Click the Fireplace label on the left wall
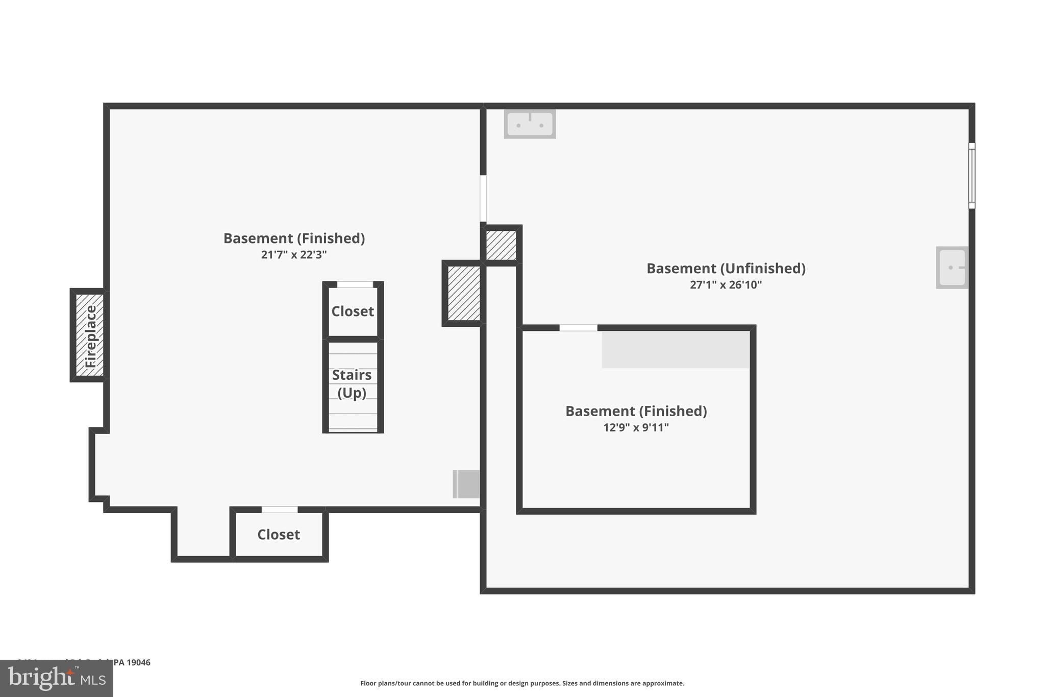pyautogui.click(x=90, y=335)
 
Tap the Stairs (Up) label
pyautogui.click(x=352, y=383)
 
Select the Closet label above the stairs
pyautogui.click(x=353, y=311)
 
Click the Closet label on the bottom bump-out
pyautogui.click(x=279, y=534)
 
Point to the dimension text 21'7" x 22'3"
pyautogui.click(x=294, y=254)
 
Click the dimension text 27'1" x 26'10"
pyautogui.click(x=726, y=284)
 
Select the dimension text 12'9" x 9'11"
pyautogui.click(x=636, y=427)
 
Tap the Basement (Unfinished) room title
pyautogui.click(x=726, y=268)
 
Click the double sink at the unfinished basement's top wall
pyautogui.click(x=530, y=124)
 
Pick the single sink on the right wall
pyautogui.click(x=952, y=268)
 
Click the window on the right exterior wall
pyautogui.click(x=972, y=176)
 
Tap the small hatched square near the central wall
pyautogui.click(x=501, y=246)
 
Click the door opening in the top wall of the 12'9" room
pyautogui.click(x=578, y=328)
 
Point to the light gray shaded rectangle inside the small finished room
pyautogui.click(x=676, y=350)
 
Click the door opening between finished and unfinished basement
pyautogui.click(x=483, y=199)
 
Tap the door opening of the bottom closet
pyautogui.click(x=280, y=510)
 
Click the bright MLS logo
pyautogui.click(x=57, y=679)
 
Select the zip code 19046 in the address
pyautogui.click(x=138, y=662)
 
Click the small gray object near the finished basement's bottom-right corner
pyautogui.click(x=466, y=484)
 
